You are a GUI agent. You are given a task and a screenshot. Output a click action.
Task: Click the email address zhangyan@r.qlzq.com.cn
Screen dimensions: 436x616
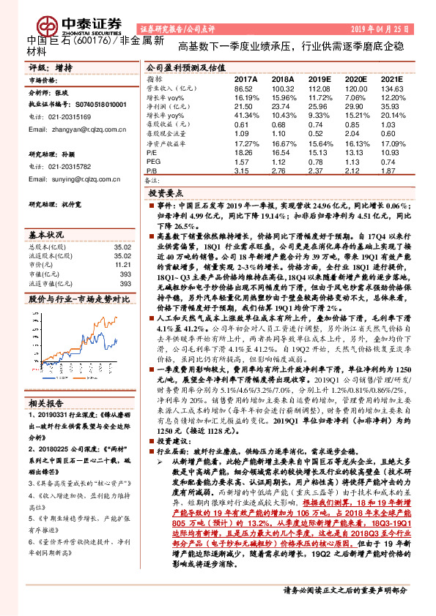78,129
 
